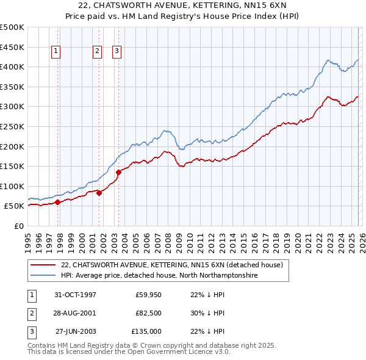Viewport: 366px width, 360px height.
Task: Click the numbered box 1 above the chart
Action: pos(56,52)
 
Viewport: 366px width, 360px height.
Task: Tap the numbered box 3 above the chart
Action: pos(117,52)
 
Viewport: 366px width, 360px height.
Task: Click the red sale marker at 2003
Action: pos(119,172)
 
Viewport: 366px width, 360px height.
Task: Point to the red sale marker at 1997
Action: pos(57,202)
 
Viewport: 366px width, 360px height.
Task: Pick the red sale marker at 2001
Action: pos(99,193)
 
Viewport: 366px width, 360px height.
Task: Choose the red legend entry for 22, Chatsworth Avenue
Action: pos(171,265)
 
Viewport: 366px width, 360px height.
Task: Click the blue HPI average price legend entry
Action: pos(159,276)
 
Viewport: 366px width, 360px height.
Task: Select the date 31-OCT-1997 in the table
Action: pos(75,295)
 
